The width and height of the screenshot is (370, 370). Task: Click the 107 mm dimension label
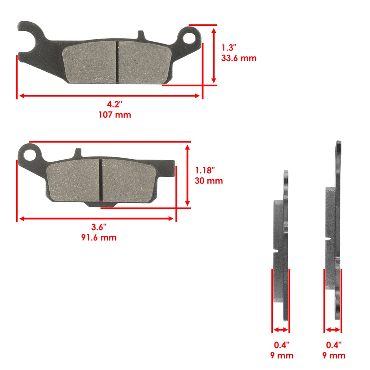point(115,115)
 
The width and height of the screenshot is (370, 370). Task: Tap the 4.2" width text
point(115,104)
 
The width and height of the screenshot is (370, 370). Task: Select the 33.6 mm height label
point(239,59)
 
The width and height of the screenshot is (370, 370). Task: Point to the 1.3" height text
point(229,48)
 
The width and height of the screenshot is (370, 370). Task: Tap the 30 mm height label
point(209,181)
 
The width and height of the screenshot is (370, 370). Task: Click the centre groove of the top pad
point(117,62)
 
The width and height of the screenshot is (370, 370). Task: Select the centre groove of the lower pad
point(101,180)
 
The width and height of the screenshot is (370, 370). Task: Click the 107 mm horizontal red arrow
point(109,95)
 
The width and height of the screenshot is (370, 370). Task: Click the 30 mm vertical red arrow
point(188,175)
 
